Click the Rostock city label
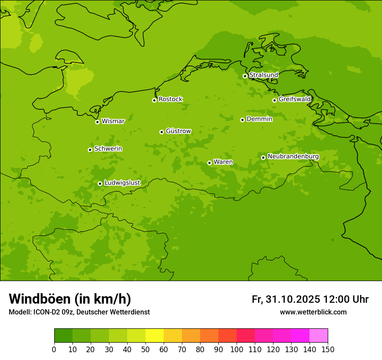click(170, 99)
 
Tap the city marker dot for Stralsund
click(245, 76)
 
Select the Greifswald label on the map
click(294, 99)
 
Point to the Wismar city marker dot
click(97, 122)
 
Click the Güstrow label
click(178, 131)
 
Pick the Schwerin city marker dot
click(90, 150)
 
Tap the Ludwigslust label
click(122, 183)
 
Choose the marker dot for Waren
click(209, 163)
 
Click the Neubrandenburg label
click(293, 157)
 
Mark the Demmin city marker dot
click(242, 120)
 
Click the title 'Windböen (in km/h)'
click(70, 299)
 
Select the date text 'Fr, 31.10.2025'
click(286, 299)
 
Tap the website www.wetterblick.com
click(313, 312)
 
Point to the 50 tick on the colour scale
click(145, 349)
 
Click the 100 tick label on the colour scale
click(237, 349)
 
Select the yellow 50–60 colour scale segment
click(155, 336)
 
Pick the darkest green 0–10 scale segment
click(63, 336)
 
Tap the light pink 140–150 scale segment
click(319, 336)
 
